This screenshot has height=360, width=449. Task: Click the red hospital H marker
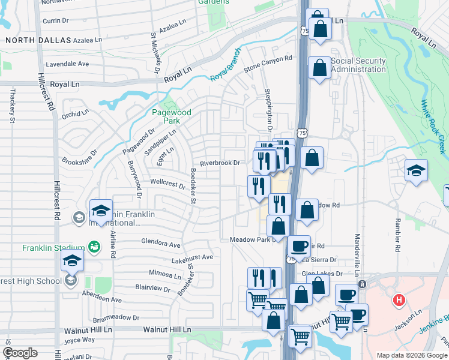tap(397, 299)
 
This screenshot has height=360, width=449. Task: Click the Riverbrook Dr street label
tap(220, 163)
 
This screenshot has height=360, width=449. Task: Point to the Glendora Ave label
tap(160, 245)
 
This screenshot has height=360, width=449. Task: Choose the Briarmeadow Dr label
tap(116, 318)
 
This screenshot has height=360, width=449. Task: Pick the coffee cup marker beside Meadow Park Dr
tap(298, 245)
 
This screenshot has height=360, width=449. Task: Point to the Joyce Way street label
tap(79, 339)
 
